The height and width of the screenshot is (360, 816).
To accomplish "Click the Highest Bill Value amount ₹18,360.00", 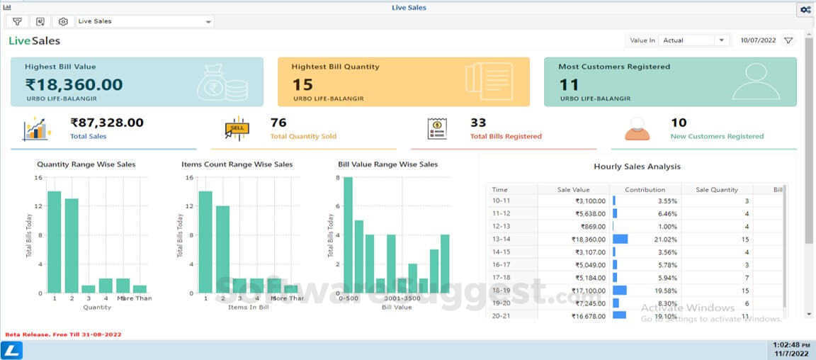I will [74, 85].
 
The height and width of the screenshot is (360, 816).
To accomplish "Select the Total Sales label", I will [89, 136].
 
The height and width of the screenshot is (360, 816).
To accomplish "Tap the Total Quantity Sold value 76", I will [278, 123].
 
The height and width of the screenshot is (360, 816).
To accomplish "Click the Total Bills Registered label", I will [506, 136].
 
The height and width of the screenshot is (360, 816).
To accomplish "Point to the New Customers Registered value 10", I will [679, 123].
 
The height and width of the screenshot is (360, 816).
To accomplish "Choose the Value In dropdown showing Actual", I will [693, 40].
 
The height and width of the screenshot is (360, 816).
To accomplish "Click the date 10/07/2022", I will [758, 40].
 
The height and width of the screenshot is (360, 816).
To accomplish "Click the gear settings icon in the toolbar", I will [63, 22].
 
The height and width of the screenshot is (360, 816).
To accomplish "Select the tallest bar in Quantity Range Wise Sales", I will [54, 242].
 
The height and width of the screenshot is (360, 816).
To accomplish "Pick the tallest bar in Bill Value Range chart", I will [348, 235].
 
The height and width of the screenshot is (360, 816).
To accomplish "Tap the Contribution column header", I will [645, 190].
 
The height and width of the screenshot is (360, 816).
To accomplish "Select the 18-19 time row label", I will [501, 291].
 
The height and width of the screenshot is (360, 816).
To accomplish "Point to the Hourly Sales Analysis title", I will [636, 167].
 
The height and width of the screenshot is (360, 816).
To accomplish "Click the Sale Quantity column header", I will [716, 190].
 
